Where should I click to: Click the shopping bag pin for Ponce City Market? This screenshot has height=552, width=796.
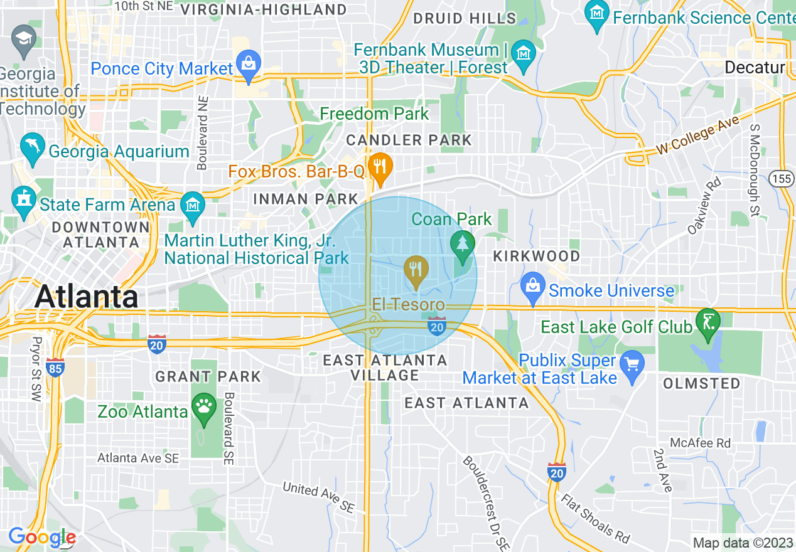point(249,65)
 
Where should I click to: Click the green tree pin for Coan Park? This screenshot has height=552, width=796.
point(463,243)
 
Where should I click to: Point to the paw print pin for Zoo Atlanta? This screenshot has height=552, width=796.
point(204,407)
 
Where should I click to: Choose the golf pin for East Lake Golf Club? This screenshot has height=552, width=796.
point(708,321)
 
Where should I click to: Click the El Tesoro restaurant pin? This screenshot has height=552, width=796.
point(416,270)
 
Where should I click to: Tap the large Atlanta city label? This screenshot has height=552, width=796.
point(87,296)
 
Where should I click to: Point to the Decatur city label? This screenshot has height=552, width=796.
point(755,68)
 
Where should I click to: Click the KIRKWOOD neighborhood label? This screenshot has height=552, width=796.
point(536,256)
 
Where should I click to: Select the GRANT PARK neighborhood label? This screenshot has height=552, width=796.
point(208,376)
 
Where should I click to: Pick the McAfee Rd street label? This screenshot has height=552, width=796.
point(700,443)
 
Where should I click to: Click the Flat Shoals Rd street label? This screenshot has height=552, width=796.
point(595,519)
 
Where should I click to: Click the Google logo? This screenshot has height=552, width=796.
point(42,537)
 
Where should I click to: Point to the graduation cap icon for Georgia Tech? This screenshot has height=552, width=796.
point(24,38)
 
